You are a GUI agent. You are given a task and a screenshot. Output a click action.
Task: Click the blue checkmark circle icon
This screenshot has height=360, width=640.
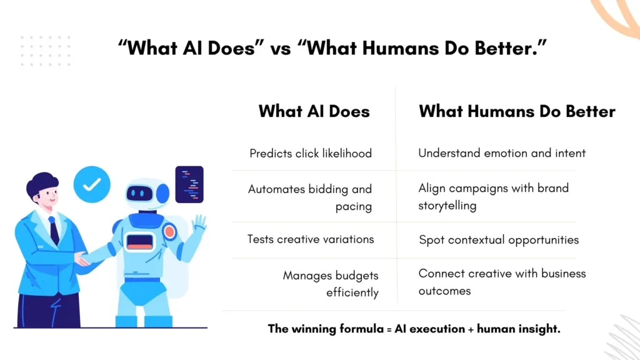92,184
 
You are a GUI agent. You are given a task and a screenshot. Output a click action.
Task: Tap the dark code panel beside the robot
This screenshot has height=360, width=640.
189,184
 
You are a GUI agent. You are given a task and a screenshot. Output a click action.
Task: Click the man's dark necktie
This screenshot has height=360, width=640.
54,230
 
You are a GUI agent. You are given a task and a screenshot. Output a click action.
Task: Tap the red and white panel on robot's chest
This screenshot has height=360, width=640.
140,240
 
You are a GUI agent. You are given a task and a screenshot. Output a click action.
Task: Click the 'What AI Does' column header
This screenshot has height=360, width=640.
314,111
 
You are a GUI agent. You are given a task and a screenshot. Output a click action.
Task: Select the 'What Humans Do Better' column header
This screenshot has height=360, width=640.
517,111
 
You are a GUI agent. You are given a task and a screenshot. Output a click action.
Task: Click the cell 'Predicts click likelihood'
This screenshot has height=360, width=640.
311,153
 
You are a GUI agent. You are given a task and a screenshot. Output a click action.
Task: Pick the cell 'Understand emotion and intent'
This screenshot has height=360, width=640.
502,152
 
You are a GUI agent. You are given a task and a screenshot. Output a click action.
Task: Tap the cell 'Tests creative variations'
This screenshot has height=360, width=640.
311,239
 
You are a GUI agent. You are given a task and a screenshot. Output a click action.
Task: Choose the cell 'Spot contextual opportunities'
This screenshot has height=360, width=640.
498,239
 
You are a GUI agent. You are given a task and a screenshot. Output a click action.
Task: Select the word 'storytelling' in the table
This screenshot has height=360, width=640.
447,205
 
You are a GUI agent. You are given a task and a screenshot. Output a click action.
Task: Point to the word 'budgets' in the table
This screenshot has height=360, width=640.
356,275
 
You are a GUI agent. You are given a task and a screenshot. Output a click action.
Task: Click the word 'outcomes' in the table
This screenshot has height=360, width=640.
444,291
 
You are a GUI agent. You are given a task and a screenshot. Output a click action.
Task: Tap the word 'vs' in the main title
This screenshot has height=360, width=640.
281,48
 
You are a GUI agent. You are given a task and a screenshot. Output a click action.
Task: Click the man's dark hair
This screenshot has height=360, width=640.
41,185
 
